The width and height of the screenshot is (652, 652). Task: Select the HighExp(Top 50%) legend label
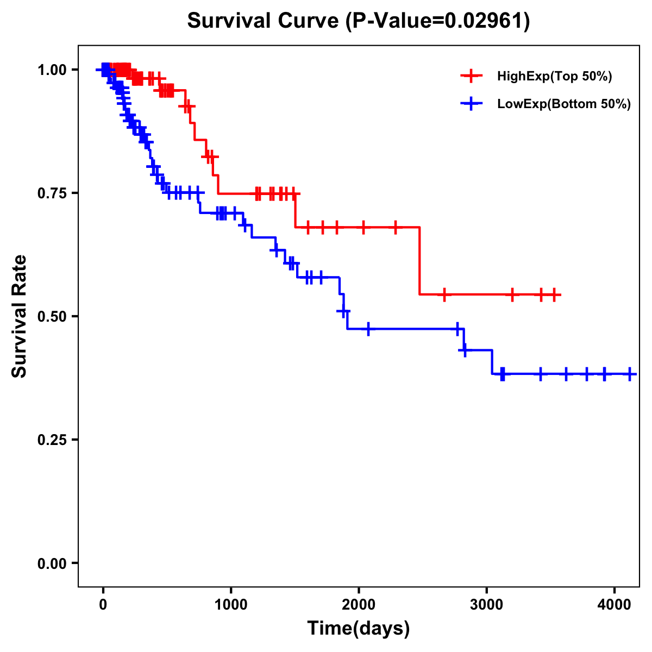[x=555, y=77]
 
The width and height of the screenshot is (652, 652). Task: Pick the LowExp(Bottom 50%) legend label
[x=564, y=104]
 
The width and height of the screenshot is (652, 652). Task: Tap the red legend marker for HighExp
[x=471, y=77]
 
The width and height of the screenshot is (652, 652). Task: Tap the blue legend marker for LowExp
[x=471, y=104]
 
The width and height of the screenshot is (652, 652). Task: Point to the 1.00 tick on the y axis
[x=52, y=70]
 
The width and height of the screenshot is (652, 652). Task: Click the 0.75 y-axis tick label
[x=52, y=193]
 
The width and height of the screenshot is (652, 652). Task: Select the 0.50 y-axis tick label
[x=52, y=316]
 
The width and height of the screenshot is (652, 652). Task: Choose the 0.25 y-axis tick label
[x=52, y=440]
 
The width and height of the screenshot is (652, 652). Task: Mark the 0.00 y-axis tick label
[x=52, y=563]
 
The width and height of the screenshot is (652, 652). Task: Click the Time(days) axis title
[x=359, y=629]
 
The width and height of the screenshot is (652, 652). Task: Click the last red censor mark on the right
[x=554, y=294]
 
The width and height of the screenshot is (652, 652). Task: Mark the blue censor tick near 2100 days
[x=368, y=329]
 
